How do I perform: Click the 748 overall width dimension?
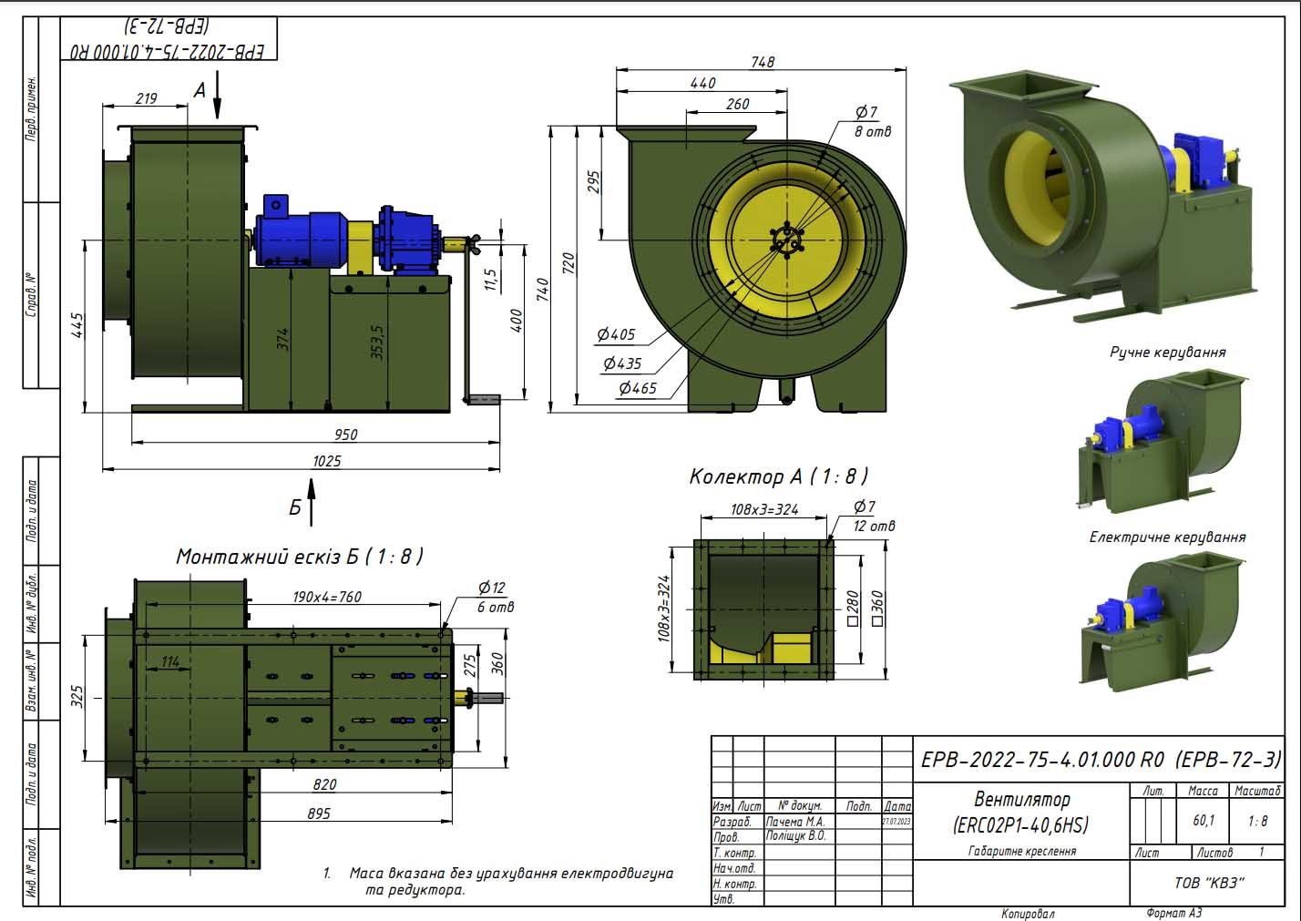(x=763, y=62)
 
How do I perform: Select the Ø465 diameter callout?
(x=637, y=388)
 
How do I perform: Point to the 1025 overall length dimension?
(x=326, y=461)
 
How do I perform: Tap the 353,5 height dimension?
(x=378, y=343)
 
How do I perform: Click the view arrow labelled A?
(x=217, y=95)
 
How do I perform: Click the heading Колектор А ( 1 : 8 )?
(x=778, y=476)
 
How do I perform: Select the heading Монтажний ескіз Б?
(x=299, y=557)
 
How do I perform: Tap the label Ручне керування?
(x=1167, y=353)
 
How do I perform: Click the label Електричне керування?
(x=1167, y=537)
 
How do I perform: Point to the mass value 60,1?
(x=1204, y=821)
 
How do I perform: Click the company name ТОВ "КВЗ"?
(x=1209, y=882)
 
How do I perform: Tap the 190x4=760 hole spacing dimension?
(x=326, y=598)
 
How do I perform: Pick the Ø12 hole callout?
(x=491, y=588)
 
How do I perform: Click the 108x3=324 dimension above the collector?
(x=764, y=510)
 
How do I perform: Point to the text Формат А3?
(x=1174, y=913)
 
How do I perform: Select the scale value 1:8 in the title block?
(x=1257, y=821)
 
